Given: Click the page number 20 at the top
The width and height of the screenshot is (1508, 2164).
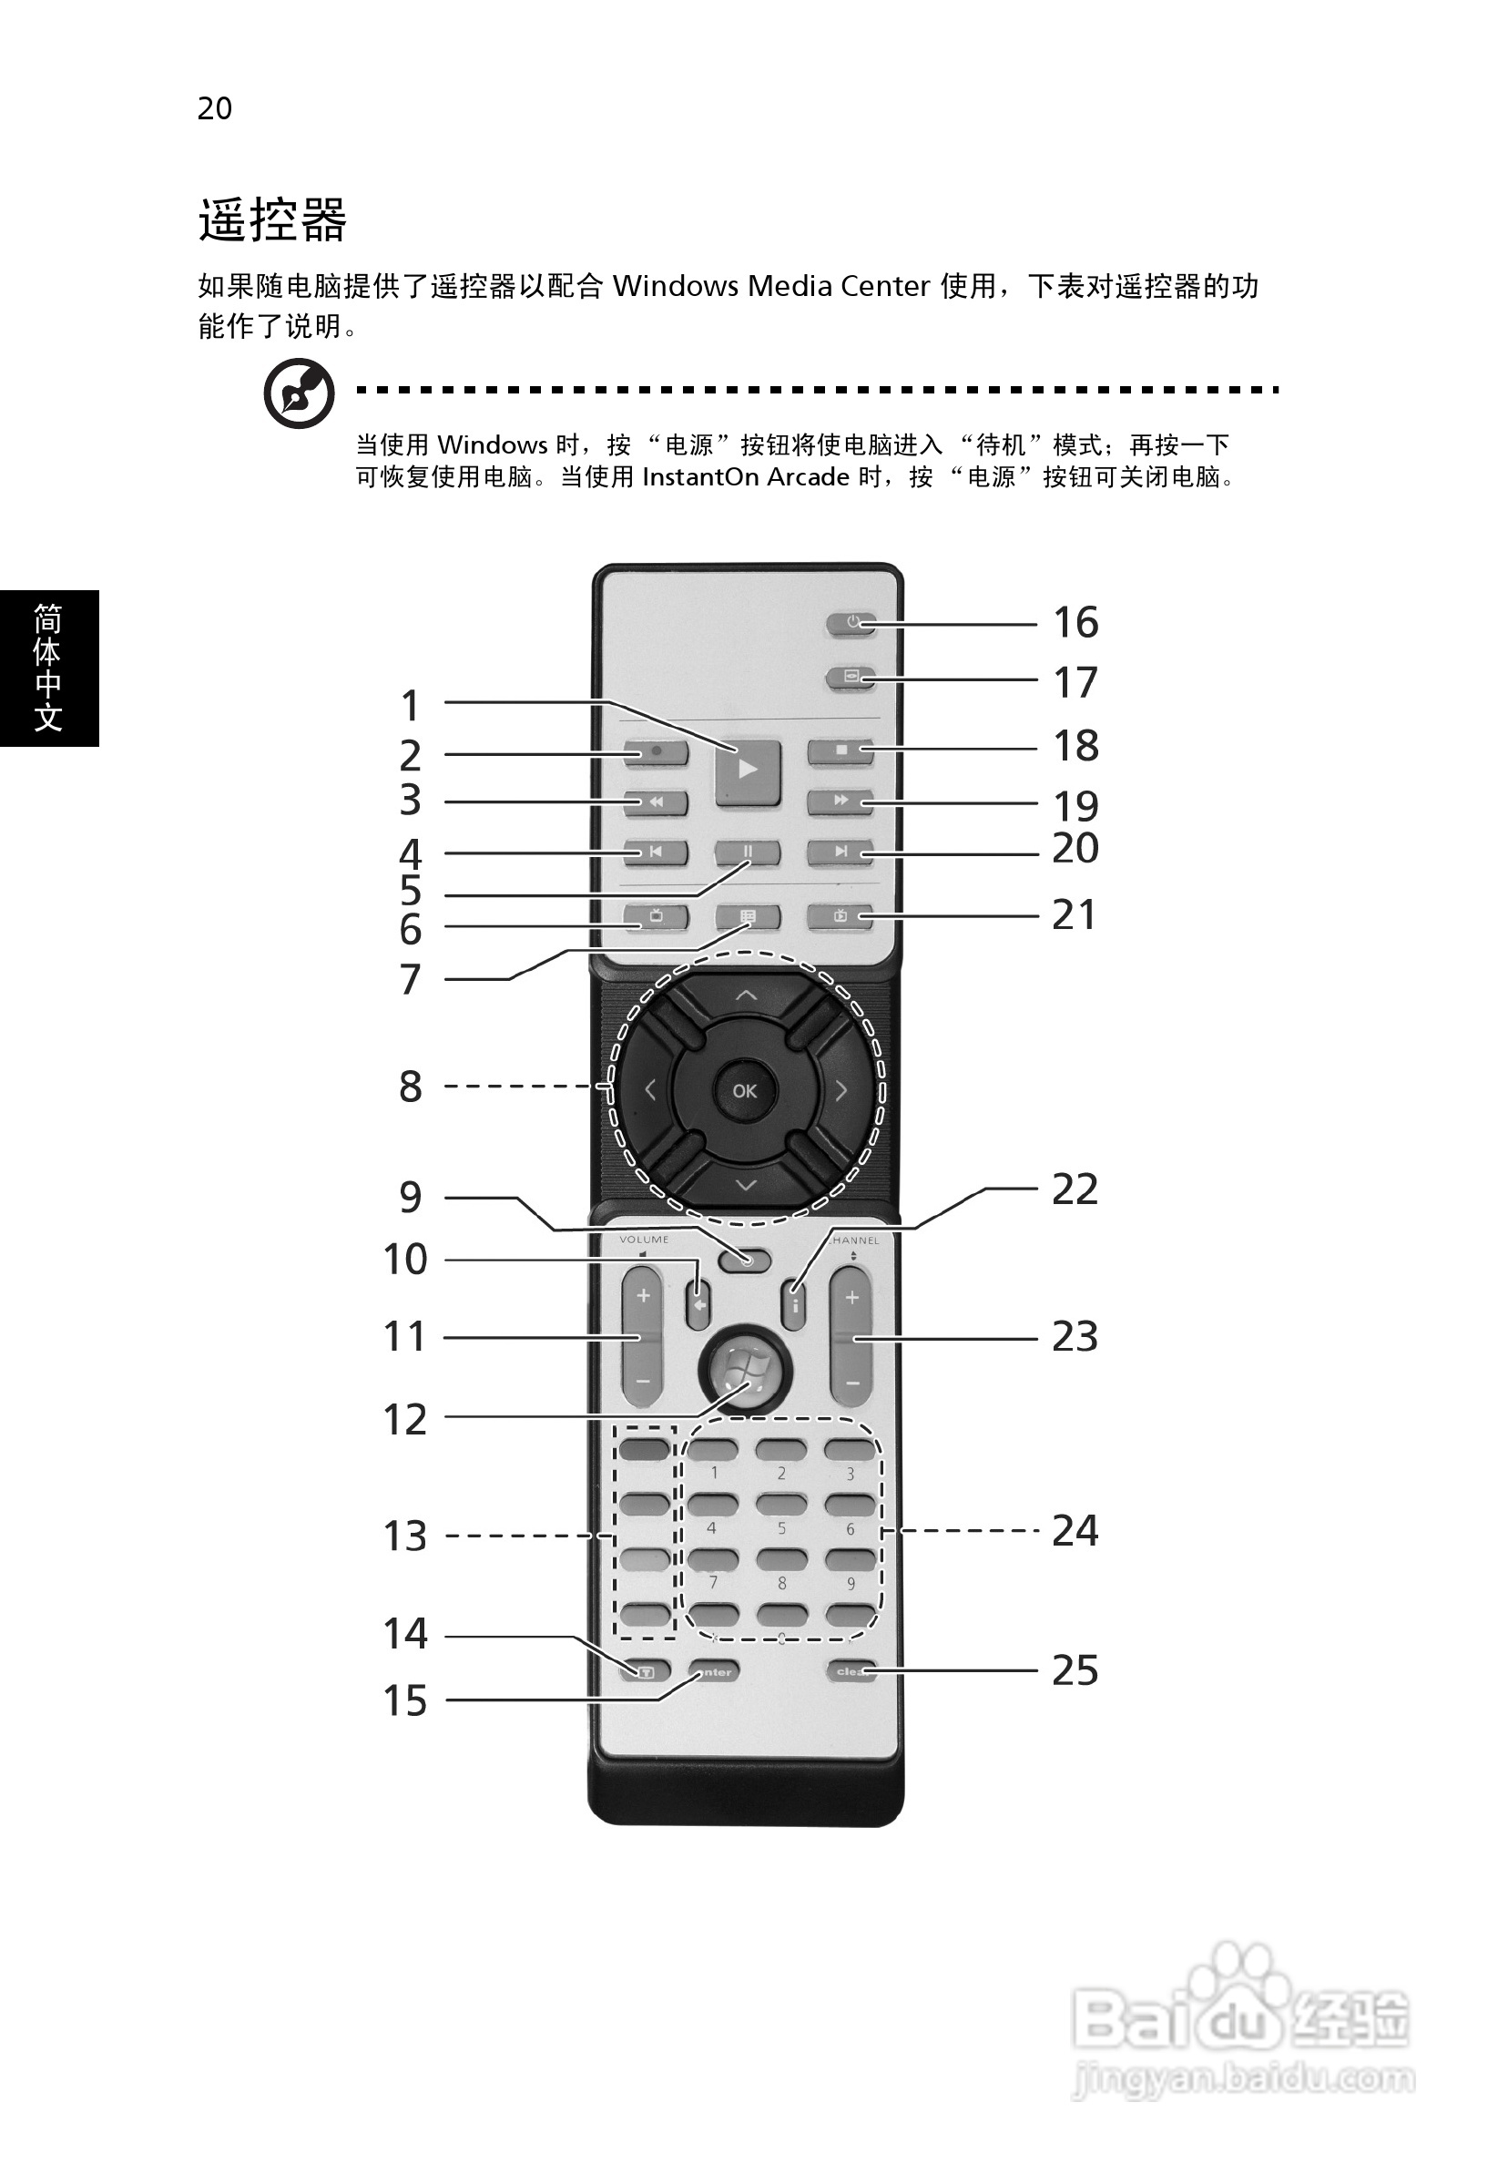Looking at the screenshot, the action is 214,108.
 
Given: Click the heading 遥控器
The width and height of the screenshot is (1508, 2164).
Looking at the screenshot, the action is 272,220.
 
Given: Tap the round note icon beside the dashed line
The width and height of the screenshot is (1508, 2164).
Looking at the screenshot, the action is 299,393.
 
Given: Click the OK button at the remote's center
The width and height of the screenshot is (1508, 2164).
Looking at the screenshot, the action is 745,1090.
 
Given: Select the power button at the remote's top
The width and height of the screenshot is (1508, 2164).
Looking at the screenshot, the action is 851,623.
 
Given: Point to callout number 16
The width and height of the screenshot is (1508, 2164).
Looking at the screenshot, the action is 1075,623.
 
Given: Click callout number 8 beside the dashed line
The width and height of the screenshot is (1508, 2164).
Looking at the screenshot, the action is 410,1087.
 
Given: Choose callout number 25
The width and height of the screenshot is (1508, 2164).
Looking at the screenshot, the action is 1075,1670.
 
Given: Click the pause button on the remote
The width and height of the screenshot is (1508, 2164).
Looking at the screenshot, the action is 748,852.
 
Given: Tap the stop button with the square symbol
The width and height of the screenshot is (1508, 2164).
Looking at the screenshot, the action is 841,751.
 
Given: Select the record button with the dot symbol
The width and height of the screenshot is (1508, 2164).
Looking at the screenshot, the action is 656,752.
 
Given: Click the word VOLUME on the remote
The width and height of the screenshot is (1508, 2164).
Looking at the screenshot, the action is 644,1240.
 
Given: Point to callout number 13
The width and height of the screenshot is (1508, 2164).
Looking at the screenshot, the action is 405,1536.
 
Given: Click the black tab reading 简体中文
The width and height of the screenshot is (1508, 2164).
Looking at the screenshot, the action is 48,668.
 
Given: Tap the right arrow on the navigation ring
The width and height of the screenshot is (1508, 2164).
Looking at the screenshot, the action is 841,1090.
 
